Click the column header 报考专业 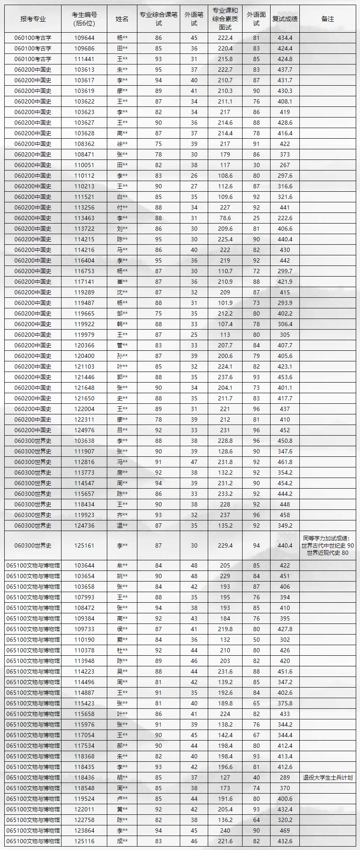pyautogui.click(x=33, y=19)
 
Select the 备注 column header pyautogui.click(x=328, y=19)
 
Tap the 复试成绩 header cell pyautogui.click(x=285, y=19)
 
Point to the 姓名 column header pyautogui.click(x=122, y=19)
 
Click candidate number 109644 pyautogui.click(x=84, y=38)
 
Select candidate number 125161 pyautogui.click(x=84, y=545)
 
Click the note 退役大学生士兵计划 pyautogui.click(x=328, y=777)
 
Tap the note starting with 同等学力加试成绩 pyautogui.click(x=328, y=545)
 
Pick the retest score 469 pyautogui.click(x=285, y=830)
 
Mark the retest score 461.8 pyautogui.click(x=285, y=462)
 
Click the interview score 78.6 pyautogui.click(x=225, y=218)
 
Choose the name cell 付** pyautogui.click(x=122, y=207)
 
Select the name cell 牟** pyautogui.click(x=122, y=565)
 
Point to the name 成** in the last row pyautogui.click(x=122, y=841)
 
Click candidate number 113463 pyautogui.click(x=84, y=218)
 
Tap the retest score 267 pyautogui.click(x=285, y=165)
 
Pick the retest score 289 pyautogui.click(x=285, y=777)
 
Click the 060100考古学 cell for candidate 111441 pyautogui.click(x=33, y=59)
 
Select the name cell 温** pyautogui.click(x=122, y=526)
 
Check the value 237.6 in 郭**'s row pyautogui.click(x=225, y=377)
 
